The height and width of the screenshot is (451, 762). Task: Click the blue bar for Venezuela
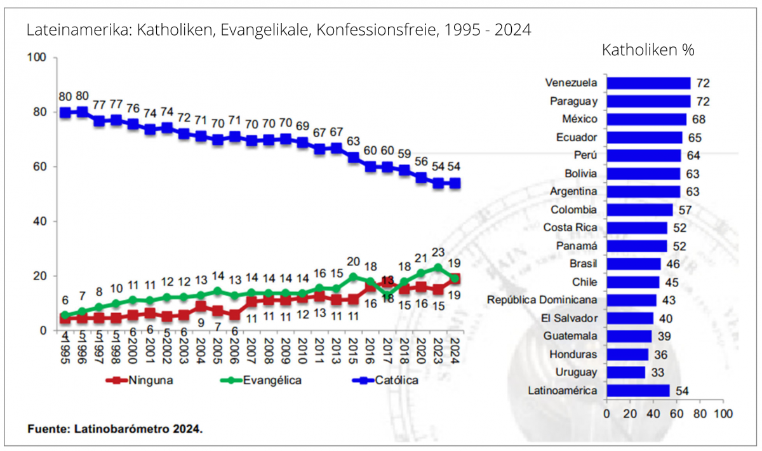[x=648, y=83]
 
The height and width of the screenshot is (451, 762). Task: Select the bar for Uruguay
[x=625, y=372]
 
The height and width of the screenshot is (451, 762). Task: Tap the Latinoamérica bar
[x=638, y=391]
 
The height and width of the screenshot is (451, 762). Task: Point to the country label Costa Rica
[x=570, y=227]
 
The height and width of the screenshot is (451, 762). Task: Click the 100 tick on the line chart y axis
[x=37, y=58]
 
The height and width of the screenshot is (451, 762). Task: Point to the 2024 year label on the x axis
[x=456, y=349]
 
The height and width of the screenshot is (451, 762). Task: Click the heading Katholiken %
[x=648, y=51]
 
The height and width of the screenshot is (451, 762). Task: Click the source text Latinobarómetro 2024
[x=140, y=429]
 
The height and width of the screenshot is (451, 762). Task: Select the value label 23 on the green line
[x=438, y=252]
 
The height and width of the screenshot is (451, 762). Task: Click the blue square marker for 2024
[x=455, y=184]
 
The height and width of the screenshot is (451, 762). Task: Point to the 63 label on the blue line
[x=354, y=141]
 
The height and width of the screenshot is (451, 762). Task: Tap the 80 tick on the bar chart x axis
[x=700, y=414]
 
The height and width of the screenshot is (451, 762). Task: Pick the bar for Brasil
[x=634, y=264]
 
